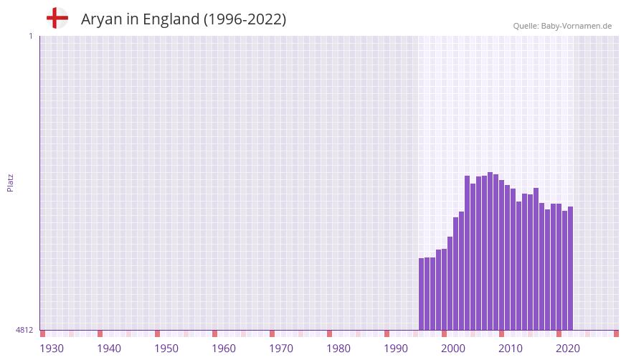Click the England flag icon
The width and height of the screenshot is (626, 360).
(x=57, y=19)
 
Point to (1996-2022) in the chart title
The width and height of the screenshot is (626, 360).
(x=245, y=19)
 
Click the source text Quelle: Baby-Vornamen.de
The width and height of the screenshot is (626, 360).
(x=562, y=26)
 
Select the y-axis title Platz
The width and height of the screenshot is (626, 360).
(x=10, y=182)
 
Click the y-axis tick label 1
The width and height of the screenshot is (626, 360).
(x=30, y=36)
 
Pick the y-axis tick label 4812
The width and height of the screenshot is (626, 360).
(x=24, y=330)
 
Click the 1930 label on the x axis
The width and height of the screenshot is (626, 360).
(x=52, y=349)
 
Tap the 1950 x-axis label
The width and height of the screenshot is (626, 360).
(x=166, y=349)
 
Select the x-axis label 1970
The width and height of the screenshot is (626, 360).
(x=281, y=349)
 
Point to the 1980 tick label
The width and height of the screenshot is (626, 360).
(x=338, y=349)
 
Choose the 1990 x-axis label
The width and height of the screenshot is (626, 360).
(x=396, y=349)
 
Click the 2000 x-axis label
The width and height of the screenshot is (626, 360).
(x=453, y=349)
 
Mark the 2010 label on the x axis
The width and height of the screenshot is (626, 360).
(x=511, y=349)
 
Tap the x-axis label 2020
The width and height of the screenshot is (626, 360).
(x=568, y=349)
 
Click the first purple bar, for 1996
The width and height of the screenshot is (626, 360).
(x=422, y=294)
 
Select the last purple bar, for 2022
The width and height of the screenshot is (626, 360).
(x=570, y=268)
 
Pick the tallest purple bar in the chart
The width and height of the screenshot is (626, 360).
(x=490, y=251)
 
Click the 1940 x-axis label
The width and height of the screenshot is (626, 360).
(x=109, y=349)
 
